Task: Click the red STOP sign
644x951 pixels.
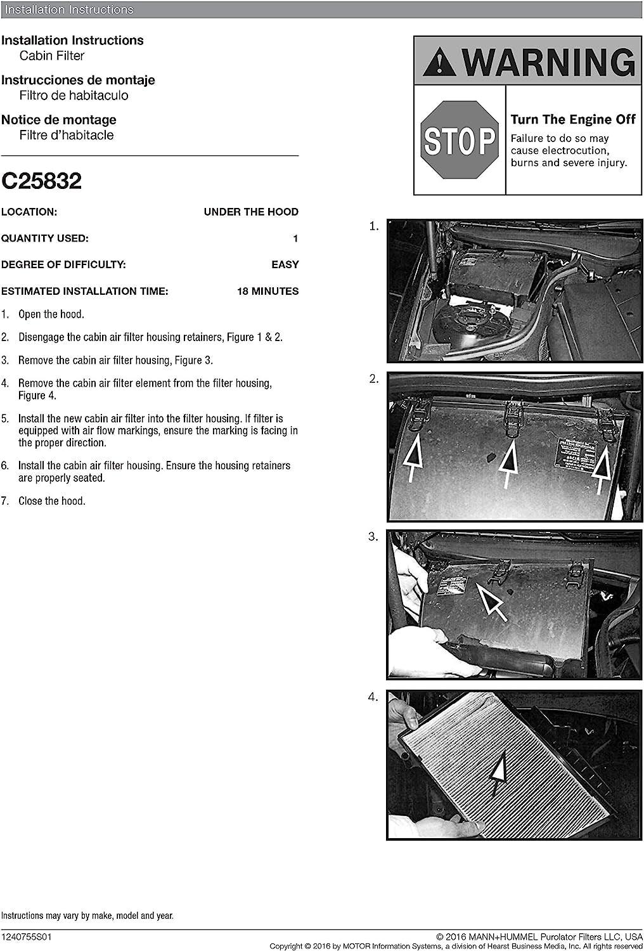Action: (x=460, y=140)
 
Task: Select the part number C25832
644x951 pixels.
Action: (x=42, y=181)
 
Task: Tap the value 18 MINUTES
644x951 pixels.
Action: (x=267, y=292)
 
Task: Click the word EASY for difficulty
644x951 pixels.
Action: (x=285, y=265)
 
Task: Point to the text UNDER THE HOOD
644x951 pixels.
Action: (x=251, y=212)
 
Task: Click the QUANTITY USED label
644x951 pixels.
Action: (x=45, y=238)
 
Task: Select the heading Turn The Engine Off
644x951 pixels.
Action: (x=572, y=120)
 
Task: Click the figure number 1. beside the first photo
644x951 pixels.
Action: (x=374, y=226)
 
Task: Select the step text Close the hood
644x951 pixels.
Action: (x=51, y=501)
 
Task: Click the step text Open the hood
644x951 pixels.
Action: (x=51, y=314)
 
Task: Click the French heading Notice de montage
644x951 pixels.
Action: (x=59, y=120)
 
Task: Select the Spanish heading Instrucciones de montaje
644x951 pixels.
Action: (x=78, y=80)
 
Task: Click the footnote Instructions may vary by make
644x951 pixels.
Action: (x=87, y=915)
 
